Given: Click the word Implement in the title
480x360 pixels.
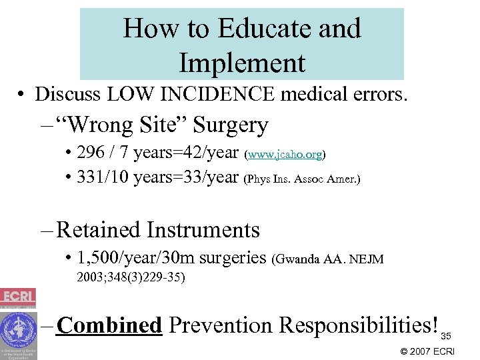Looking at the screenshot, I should [242, 63].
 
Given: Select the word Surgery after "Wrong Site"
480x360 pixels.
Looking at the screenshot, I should [229, 125].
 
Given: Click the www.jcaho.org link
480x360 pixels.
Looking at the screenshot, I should [285, 155].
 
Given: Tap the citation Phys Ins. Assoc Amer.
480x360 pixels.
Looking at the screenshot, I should [303, 179].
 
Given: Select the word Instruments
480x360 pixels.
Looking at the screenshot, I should [203, 230].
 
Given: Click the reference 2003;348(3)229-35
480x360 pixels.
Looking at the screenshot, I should [130, 277].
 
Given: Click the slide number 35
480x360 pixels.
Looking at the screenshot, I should [447, 335].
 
